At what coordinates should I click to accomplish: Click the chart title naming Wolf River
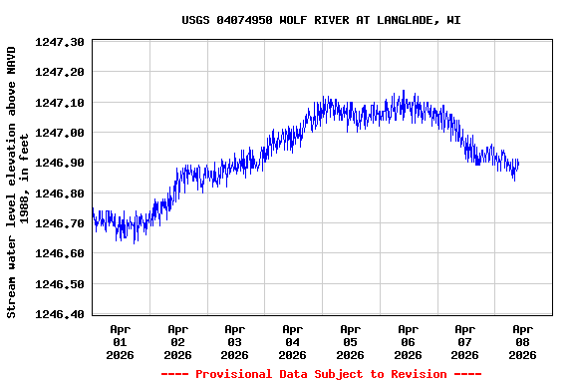[x=321, y=20]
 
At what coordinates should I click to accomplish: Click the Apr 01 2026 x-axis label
[x=121, y=341]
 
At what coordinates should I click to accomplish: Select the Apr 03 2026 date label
[x=235, y=341]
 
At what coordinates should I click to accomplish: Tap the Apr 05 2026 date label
[x=350, y=341]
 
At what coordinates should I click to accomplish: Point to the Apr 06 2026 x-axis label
[x=408, y=341]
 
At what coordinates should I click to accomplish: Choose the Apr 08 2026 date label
[x=522, y=341]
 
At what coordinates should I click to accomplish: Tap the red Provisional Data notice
[x=321, y=374]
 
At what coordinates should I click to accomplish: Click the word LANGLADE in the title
[x=404, y=20]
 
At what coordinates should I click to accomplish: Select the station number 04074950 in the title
[x=239, y=20]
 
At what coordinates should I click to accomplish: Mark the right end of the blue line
[x=518, y=162]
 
